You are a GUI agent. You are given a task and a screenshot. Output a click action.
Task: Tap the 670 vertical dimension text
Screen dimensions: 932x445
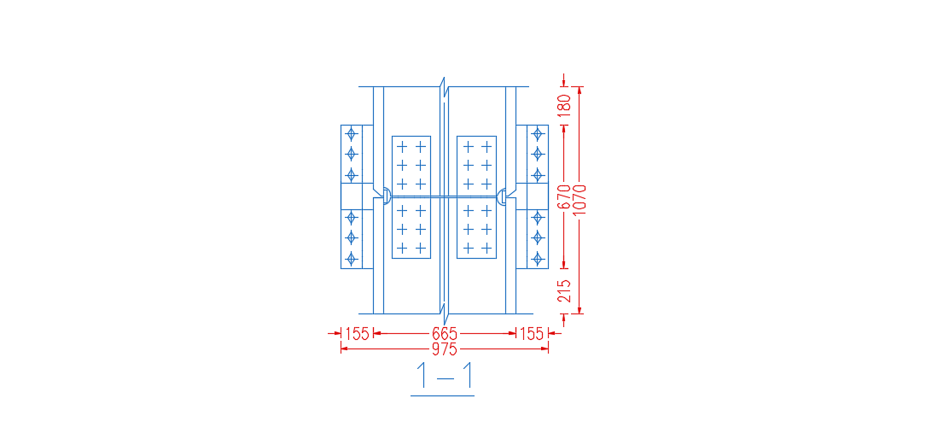click(x=565, y=197)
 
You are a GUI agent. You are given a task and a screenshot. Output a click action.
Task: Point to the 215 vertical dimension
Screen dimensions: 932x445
click(x=565, y=291)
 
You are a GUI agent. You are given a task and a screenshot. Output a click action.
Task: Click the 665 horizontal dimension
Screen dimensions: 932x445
click(x=445, y=334)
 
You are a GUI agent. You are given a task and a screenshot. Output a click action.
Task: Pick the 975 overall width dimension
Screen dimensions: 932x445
click(x=445, y=349)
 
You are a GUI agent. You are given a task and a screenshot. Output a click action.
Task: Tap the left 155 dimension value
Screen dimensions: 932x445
click(x=358, y=334)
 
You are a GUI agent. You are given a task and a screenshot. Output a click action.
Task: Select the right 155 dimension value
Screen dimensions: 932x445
click(x=532, y=334)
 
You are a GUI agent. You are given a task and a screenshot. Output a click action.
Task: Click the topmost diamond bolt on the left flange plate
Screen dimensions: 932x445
click(x=352, y=133)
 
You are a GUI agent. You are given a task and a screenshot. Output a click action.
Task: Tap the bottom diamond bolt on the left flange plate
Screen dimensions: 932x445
click(x=352, y=258)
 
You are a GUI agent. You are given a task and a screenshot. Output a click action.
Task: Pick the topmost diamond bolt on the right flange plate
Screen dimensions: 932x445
click(x=538, y=133)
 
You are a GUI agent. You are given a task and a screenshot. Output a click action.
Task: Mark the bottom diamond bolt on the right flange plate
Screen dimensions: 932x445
click(x=538, y=258)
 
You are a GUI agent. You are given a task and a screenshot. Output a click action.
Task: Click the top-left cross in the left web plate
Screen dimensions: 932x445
click(x=402, y=146)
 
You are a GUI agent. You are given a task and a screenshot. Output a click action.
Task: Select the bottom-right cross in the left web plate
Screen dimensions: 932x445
click(x=420, y=248)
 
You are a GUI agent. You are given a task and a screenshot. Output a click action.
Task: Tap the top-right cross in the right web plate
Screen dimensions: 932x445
click(x=486, y=146)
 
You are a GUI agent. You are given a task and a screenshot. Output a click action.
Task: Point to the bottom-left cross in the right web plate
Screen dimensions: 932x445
click(x=468, y=248)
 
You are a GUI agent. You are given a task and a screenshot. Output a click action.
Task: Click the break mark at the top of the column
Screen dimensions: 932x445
click(x=443, y=87)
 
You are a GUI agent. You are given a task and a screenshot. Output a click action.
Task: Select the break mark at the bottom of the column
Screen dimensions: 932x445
click(x=443, y=314)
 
